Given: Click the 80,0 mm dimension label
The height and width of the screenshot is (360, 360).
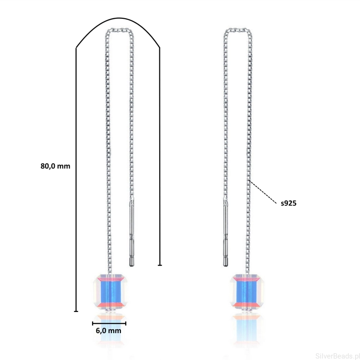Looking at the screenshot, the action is tap(55, 166).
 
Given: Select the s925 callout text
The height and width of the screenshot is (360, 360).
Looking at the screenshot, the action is tap(288, 203).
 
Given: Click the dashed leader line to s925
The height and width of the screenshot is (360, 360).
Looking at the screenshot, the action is tap(263, 192).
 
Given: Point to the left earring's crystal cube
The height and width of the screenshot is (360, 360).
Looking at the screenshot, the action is tap(110, 292).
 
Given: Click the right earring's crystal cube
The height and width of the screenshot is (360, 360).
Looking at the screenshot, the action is tap(247, 292).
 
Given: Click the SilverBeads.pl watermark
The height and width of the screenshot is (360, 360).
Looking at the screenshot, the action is tap(337, 356).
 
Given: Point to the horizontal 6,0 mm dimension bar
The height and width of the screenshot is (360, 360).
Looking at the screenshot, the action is tap(109, 324).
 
